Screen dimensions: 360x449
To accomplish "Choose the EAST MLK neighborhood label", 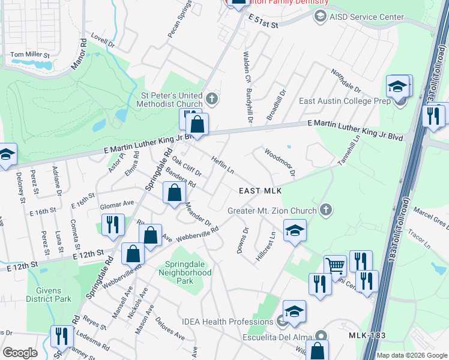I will point(260,191).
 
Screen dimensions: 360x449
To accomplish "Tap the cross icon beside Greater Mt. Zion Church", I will point(326,210).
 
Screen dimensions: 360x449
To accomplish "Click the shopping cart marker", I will point(336,265).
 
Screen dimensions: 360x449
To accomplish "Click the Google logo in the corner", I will point(20,353).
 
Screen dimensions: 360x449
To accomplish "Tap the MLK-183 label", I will point(368,335).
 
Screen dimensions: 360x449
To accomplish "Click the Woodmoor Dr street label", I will point(280,163).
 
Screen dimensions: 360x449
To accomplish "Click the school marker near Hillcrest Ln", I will point(295,230).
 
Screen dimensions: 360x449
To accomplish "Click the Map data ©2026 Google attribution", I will point(412,355).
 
